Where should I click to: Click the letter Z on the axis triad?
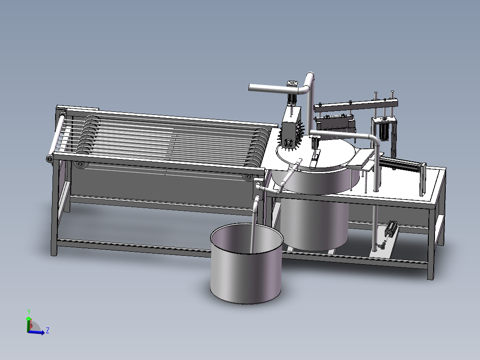(x=47, y=330)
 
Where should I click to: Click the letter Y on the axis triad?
(x=28, y=311)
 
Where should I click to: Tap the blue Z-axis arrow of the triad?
(x=39, y=332)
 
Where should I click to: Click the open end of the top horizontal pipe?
(x=251, y=88)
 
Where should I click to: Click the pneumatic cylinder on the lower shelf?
(x=391, y=229)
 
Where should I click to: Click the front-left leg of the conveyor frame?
(x=54, y=209)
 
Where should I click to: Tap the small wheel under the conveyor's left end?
(x=81, y=165)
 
